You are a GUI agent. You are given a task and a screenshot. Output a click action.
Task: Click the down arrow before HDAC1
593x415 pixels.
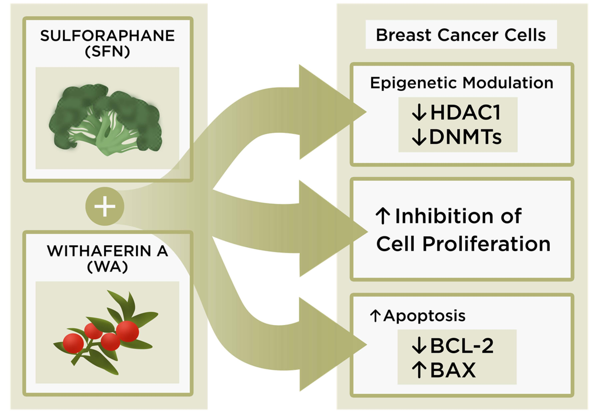[x=419, y=113]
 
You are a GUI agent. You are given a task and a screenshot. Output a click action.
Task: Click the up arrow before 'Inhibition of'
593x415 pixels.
[x=383, y=216]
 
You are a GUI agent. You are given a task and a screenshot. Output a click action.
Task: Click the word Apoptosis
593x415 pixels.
[x=424, y=316]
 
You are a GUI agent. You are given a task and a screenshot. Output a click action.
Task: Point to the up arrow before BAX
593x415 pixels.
[x=419, y=370]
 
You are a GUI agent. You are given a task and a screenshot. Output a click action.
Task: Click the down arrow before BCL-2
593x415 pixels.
[x=419, y=346]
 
